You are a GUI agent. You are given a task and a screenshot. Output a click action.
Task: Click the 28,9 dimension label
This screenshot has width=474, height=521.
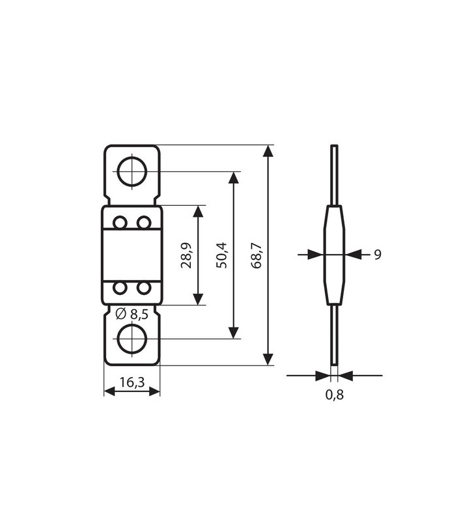[187, 255]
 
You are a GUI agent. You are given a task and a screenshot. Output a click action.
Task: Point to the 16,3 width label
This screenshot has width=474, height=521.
[132, 382]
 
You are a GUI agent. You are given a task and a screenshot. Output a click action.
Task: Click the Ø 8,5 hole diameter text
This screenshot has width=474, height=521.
[132, 315]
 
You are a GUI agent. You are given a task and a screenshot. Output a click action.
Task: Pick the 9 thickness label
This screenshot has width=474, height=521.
[377, 255]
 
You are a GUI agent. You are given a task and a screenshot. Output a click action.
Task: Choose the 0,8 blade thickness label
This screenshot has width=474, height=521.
[334, 395]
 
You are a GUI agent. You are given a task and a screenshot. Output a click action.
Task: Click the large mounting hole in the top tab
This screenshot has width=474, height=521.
[132, 172]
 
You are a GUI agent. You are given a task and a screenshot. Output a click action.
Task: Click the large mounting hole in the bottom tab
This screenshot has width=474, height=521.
[132, 339]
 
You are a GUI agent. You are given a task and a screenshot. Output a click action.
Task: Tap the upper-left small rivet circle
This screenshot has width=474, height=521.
[120, 223]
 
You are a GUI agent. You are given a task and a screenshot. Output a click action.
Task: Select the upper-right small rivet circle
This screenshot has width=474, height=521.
[144, 223]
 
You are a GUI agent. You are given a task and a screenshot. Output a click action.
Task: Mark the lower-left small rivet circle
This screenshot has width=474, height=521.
[120, 287]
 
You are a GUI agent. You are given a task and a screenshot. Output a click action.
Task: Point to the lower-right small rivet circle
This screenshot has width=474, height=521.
[144, 287]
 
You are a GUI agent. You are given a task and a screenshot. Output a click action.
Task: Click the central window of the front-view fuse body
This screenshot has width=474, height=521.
[132, 255]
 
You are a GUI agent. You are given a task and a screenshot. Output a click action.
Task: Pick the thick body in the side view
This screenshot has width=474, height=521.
[334, 255]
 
